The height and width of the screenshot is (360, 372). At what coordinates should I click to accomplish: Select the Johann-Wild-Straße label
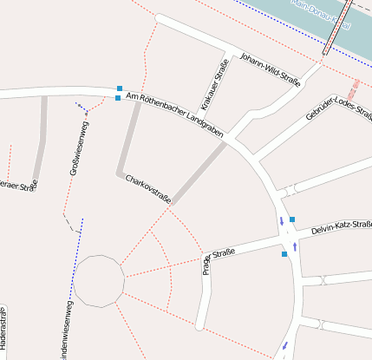coord(271,69)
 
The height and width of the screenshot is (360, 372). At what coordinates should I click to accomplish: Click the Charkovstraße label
coord(148,190)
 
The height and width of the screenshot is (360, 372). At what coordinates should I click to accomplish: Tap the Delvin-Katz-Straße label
coord(341,227)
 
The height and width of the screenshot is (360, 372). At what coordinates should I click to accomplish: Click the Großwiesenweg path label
coord(79,148)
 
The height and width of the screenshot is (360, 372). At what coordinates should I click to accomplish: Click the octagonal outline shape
coord(98,281)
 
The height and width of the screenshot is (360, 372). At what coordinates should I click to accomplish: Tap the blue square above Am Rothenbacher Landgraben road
coord(119,88)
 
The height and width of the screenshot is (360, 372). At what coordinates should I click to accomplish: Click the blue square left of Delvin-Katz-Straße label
coord(292,219)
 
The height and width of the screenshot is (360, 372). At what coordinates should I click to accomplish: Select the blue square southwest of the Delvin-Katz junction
coord(284,254)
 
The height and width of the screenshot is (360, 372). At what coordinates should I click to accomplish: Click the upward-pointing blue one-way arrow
coord(297,246)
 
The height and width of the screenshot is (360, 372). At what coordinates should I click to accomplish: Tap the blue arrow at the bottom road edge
coord(285,349)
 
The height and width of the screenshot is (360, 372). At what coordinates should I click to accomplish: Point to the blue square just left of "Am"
coord(118,98)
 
